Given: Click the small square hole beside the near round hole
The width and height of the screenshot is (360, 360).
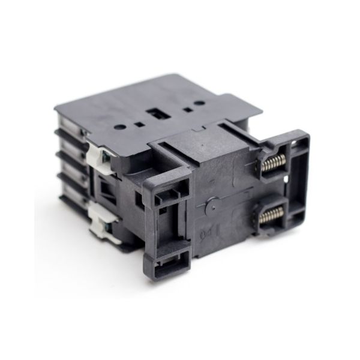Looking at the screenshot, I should click(139, 125).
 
